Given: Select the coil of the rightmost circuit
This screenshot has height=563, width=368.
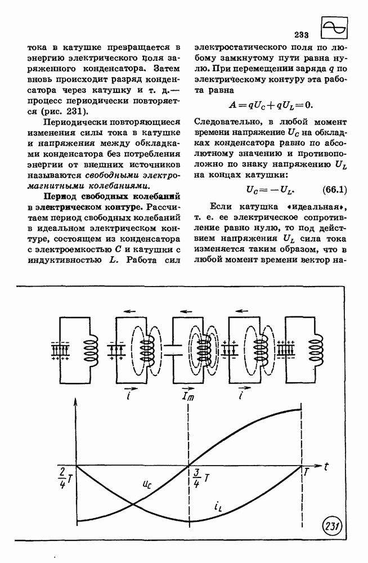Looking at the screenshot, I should (316, 349).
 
